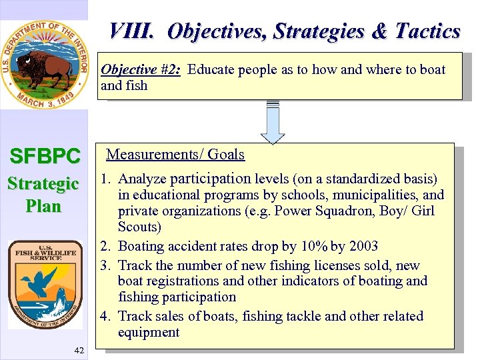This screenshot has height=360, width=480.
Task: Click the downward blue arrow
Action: click(273, 124)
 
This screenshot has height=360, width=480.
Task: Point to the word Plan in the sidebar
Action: click(44, 206)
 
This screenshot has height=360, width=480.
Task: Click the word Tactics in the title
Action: click(427, 31)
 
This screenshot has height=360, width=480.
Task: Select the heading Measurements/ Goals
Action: click(175, 155)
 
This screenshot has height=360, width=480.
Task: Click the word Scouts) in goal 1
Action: click(139, 227)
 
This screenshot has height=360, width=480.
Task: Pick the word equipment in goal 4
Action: click(149, 332)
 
